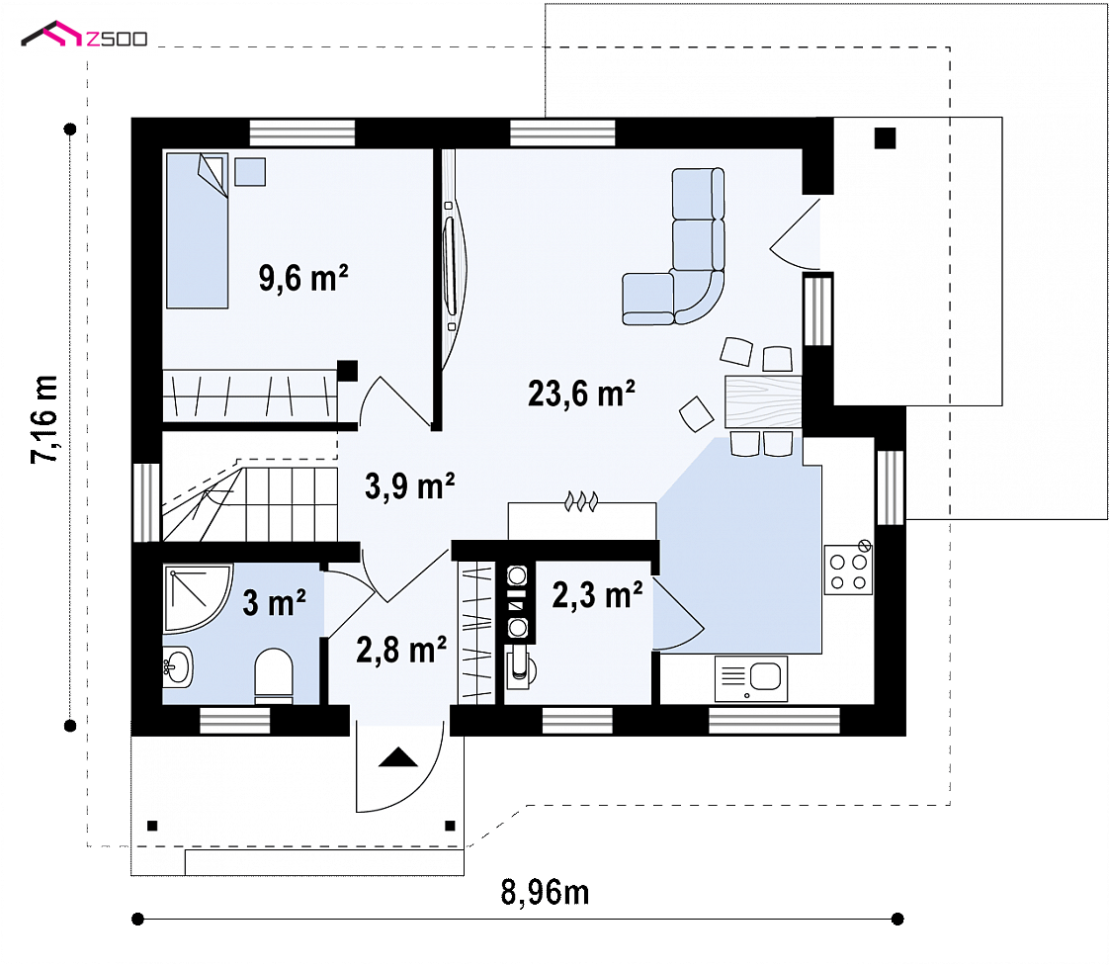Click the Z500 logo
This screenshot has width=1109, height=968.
pyautogui.click(x=84, y=35)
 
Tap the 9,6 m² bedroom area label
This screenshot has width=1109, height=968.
pyautogui.click(x=303, y=278)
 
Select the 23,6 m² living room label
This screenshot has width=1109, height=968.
pyautogui.click(x=581, y=394)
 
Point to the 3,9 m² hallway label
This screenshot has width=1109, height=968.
pyautogui.click(x=409, y=486)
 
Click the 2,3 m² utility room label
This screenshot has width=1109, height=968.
pyautogui.click(x=598, y=595)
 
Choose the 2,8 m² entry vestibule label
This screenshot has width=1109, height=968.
pyautogui.click(x=401, y=650)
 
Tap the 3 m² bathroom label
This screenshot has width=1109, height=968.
pyautogui.click(x=275, y=603)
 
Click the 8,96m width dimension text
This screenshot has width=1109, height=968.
pyautogui.click(x=545, y=892)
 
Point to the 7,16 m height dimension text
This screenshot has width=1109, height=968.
pyautogui.click(x=44, y=419)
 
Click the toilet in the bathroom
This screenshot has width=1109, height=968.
pyautogui.click(x=273, y=676)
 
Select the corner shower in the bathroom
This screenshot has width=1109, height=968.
pyautogui.click(x=198, y=598)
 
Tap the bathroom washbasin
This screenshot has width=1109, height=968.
pyautogui.click(x=177, y=666)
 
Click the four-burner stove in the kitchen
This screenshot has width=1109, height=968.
pyautogui.click(x=848, y=570)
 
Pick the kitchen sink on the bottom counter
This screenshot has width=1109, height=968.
pyautogui.click(x=751, y=678)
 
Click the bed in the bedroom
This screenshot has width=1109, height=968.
pyautogui.click(x=198, y=230)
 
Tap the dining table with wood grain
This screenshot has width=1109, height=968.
pyautogui.click(x=763, y=401)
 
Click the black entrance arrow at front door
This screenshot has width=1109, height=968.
pyautogui.click(x=398, y=757)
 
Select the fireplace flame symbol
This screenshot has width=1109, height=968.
pyautogui.click(x=581, y=501)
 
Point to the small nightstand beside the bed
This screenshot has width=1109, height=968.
pyautogui.click(x=250, y=172)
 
